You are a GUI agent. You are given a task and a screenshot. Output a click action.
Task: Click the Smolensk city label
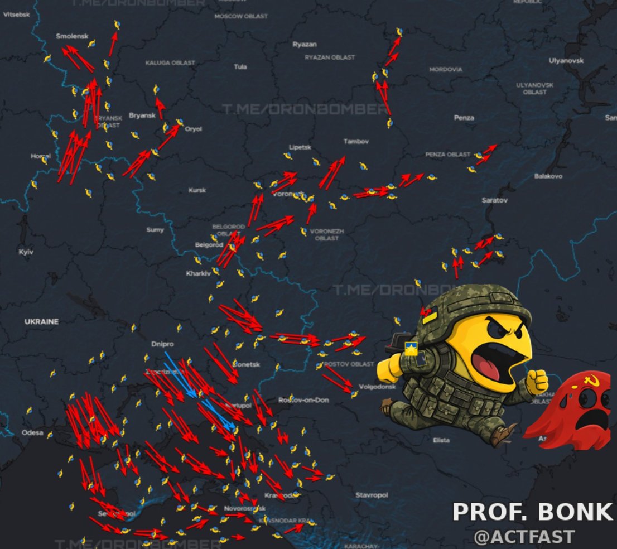tap(72, 36)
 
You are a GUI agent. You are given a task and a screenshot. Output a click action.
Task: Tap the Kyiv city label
tap(26, 252)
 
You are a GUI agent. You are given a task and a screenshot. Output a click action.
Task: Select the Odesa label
tap(32, 432)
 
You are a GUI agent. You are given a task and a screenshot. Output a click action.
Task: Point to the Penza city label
tap(464, 118)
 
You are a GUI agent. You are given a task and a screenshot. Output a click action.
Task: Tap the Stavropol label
tap(372, 495)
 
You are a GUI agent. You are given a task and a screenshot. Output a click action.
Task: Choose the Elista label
tap(441, 440)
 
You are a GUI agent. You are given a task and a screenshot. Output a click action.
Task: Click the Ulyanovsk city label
tap(566, 60)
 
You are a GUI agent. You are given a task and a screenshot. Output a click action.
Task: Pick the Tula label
tap(240, 67)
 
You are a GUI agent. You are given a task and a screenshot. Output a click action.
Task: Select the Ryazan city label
tap(304, 44)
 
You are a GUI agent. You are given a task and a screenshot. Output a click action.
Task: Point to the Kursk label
tap(197, 190)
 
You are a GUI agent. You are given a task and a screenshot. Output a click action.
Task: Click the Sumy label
tap(155, 230)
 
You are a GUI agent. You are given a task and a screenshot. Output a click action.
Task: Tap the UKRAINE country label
tap(41, 322)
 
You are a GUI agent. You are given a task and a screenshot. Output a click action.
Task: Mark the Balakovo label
tap(548, 176)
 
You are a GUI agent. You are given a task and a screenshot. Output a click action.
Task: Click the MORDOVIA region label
tap(445, 70)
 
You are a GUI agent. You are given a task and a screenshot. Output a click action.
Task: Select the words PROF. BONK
tap(532, 512)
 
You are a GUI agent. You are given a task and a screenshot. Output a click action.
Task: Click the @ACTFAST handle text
tap(524, 537)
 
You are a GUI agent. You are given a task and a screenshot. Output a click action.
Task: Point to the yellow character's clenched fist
tap(537, 381)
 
